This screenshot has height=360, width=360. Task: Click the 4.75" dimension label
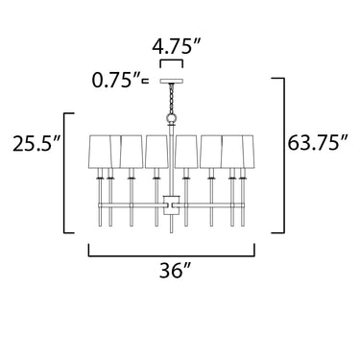(176, 47)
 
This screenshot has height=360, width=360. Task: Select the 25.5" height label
(36, 143)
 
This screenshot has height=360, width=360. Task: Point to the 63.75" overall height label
(317, 143)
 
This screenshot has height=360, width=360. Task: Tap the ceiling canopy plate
(171, 82)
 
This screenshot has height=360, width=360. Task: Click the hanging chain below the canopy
(172, 98)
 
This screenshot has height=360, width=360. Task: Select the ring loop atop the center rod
(172, 119)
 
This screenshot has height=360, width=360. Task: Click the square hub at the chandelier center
(172, 204)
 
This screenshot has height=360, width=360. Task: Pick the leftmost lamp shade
(100, 152)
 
